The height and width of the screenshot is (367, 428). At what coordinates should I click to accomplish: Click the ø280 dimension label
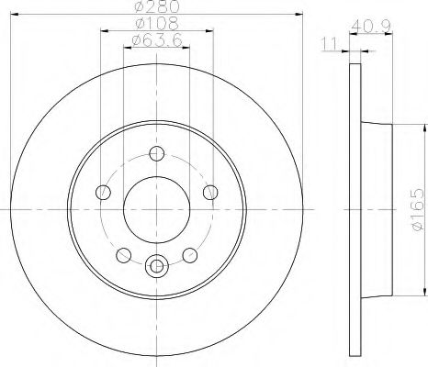(x=154, y=8)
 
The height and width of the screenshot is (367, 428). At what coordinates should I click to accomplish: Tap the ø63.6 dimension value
(x=154, y=40)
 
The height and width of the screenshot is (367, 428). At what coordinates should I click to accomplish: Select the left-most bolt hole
(x=103, y=192)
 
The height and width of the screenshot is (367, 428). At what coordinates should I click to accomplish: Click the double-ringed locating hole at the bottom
(x=156, y=267)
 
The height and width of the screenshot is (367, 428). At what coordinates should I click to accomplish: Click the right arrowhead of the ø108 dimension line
(x=210, y=30)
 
